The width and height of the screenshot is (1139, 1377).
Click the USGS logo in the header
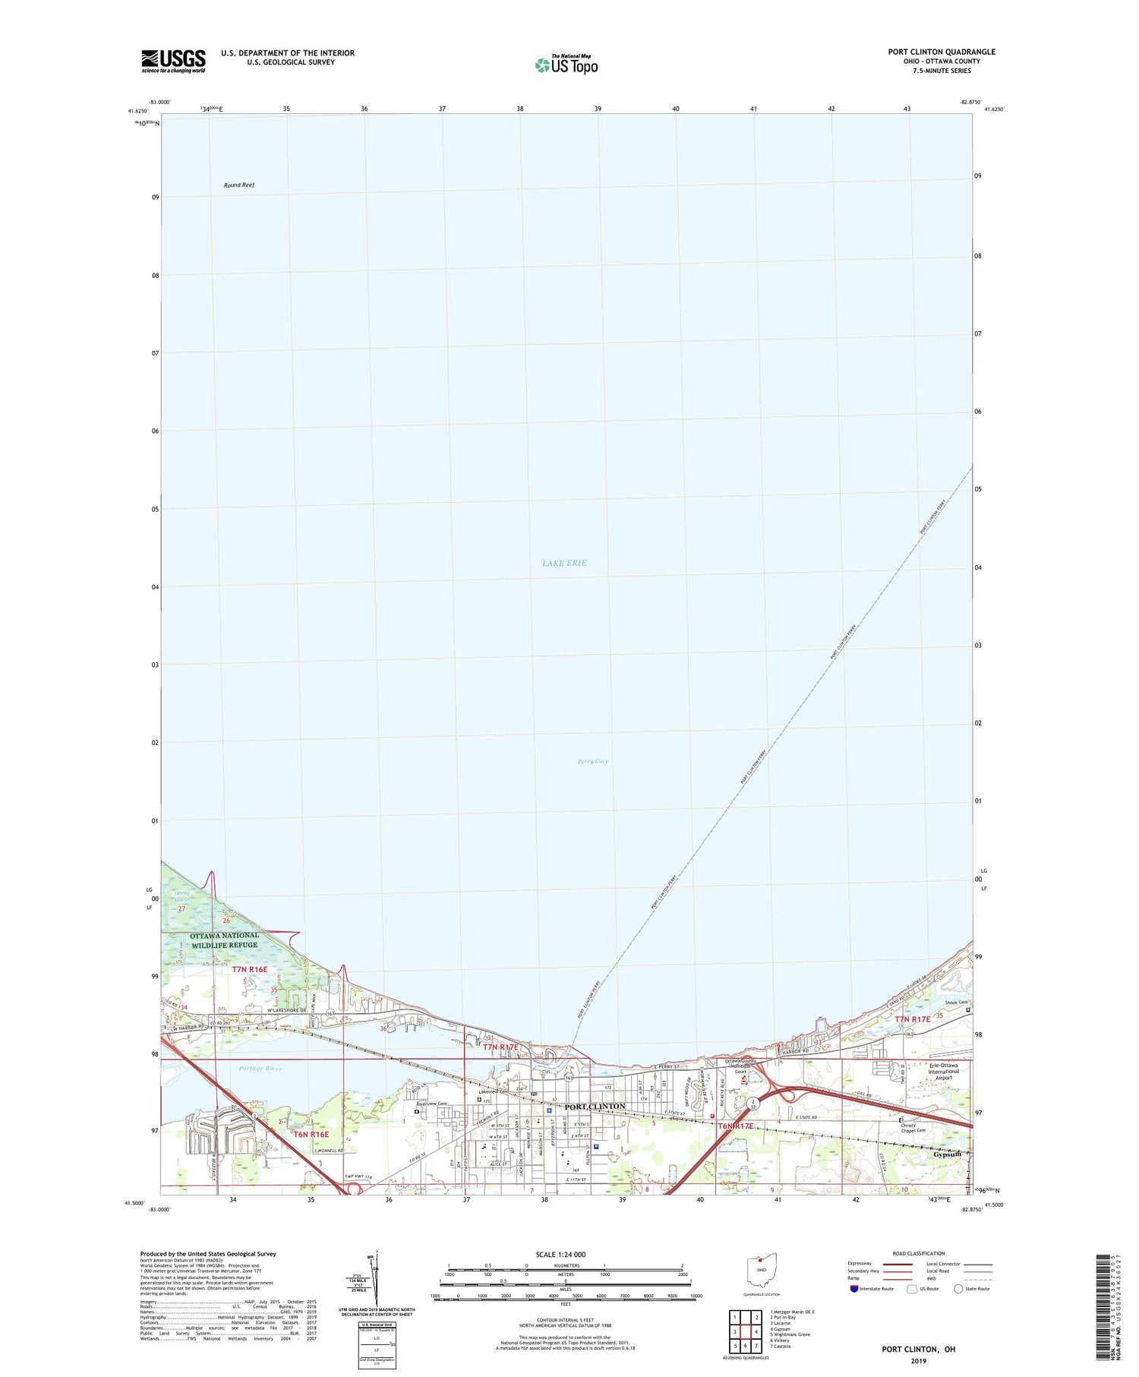coord(173,60)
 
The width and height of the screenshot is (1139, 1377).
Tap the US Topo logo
coord(566,65)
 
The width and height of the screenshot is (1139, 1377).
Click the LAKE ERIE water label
coord(564,563)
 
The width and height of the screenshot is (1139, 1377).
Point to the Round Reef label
coord(239,185)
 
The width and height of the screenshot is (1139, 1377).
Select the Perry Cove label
coord(593,761)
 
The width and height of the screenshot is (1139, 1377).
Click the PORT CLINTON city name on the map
coord(595,1106)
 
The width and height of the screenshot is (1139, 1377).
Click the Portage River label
coord(260,1068)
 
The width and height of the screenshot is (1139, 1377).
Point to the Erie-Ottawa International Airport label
coord(945,1071)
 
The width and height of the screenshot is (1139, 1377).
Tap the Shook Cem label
coord(955,1003)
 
